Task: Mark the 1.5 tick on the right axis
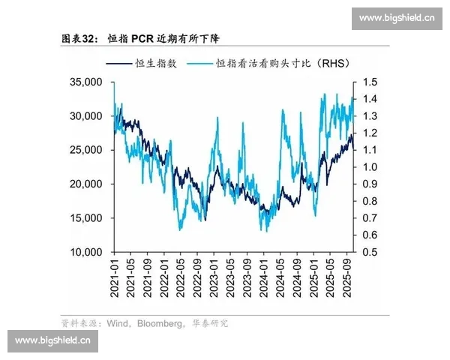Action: (x=370, y=82)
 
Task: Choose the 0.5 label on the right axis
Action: (x=370, y=252)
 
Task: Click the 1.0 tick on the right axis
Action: (x=370, y=166)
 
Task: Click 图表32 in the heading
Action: (x=77, y=37)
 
